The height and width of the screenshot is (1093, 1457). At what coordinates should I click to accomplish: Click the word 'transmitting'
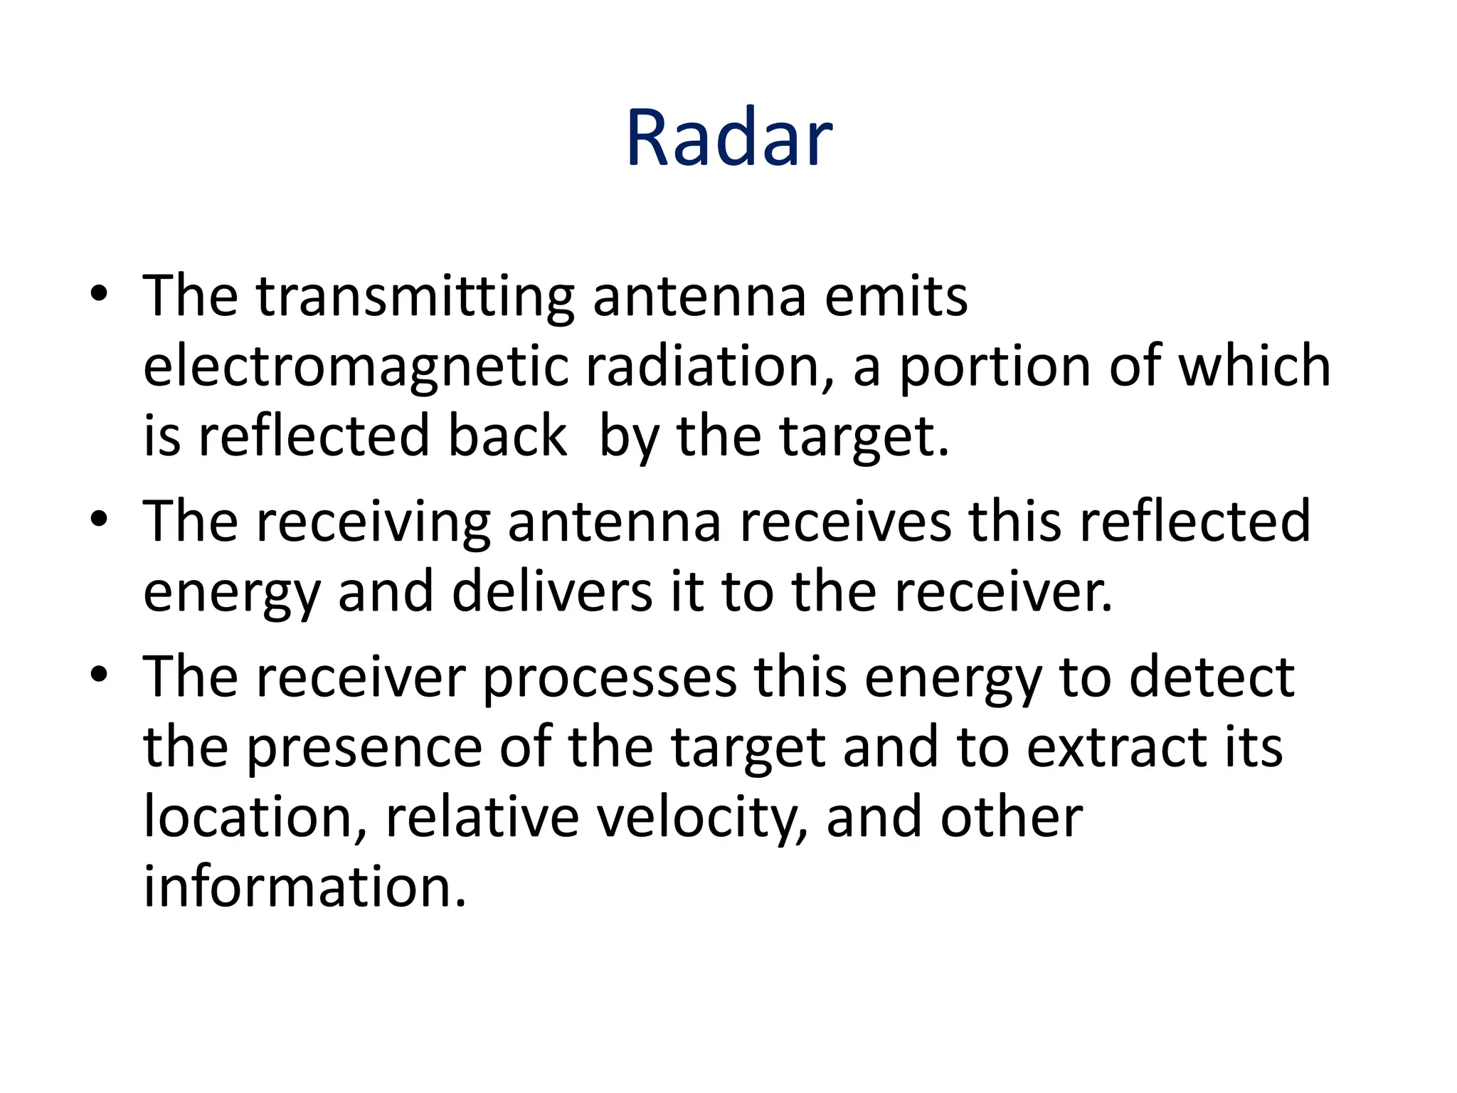tap(415, 297)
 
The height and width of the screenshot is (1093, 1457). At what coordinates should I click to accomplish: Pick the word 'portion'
tap(995, 367)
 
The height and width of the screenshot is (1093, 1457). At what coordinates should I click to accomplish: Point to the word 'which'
tap(1254, 367)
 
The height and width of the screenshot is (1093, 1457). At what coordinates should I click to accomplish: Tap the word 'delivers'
tap(552, 592)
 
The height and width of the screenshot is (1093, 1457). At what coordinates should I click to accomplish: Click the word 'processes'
tap(610, 677)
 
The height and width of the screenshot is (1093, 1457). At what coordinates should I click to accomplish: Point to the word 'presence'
tap(364, 748)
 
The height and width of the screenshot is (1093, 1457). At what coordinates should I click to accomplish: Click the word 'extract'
tap(1116, 748)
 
